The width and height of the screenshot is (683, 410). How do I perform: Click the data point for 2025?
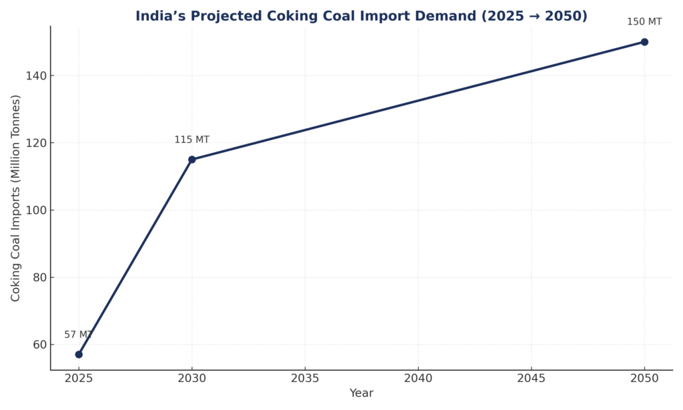pos(79,355)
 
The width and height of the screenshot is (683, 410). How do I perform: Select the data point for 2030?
pos(192,160)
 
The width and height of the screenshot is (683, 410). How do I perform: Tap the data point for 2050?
pos(644,42)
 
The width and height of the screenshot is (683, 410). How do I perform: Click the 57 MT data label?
pos(77,335)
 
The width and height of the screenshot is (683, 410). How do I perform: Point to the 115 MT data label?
pos(192,140)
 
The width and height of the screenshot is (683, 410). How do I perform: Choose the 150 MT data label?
pos(644,22)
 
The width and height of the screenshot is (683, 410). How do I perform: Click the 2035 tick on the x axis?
pos(305,377)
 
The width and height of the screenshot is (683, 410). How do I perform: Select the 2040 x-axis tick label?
pos(418,377)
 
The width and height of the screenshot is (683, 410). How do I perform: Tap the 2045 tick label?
pos(531,377)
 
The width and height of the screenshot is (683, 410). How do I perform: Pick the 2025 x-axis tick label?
pos(79,377)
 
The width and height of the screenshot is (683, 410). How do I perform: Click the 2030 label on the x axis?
pos(192,377)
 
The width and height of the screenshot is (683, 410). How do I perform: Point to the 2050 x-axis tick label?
pos(644,377)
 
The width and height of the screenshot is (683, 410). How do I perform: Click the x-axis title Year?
pos(362,394)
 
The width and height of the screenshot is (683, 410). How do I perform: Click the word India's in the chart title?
pos(158,17)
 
